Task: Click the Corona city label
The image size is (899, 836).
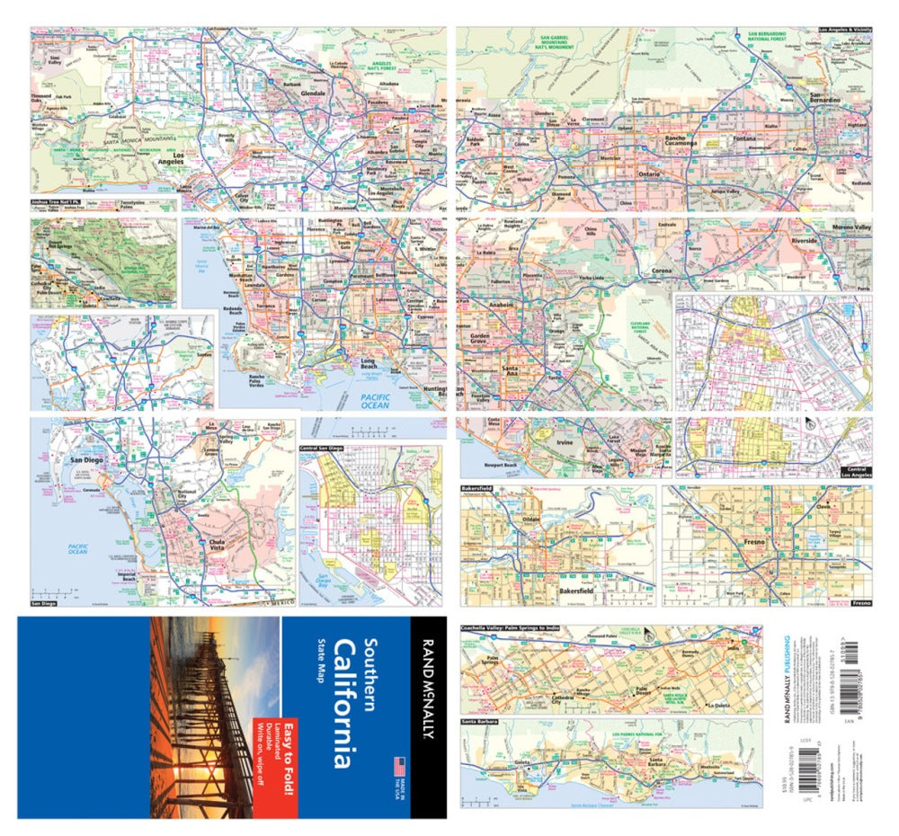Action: click(x=662, y=271)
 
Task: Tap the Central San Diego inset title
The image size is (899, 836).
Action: click(x=323, y=447)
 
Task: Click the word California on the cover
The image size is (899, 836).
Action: click(x=343, y=704)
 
